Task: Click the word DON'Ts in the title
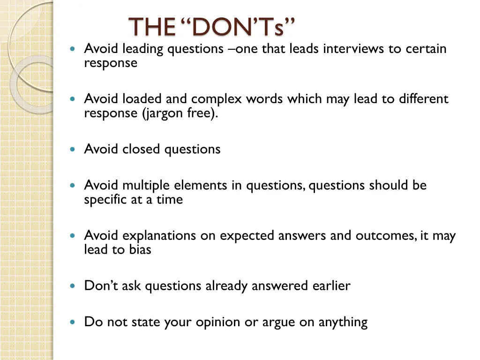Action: (x=237, y=27)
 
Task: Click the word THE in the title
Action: (x=150, y=27)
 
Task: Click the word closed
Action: (x=142, y=150)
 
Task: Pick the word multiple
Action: (x=146, y=186)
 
